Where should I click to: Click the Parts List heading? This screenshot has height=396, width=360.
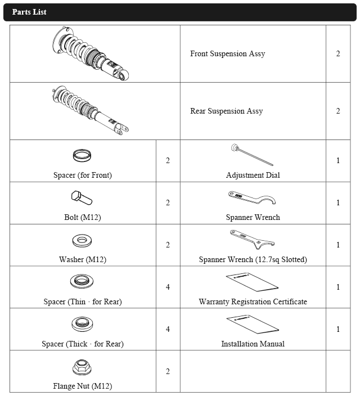pyautogui.click(x=29, y=12)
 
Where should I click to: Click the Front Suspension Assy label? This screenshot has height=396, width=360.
pyautogui.click(x=227, y=54)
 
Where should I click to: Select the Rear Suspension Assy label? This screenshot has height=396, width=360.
pyautogui.click(x=226, y=111)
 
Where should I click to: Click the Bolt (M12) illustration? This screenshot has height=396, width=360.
pyautogui.click(x=82, y=198)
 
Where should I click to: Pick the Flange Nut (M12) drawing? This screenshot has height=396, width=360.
pyautogui.click(x=83, y=368)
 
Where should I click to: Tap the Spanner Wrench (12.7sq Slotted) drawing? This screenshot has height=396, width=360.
pyautogui.click(x=251, y=241)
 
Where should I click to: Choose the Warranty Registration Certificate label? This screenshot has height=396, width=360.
pyautogui.click(x=253, y=302)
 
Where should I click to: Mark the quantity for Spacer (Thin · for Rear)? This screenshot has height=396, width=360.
pyautogui.click(x=168, y=287)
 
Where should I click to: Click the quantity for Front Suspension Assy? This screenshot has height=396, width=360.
pyautogui.click(x=338, y=54)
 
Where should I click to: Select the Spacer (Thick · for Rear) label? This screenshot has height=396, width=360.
pyautogui.click(x=83, y=344)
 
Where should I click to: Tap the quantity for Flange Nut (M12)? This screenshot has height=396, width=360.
pyautogui.click(x=168, y=372)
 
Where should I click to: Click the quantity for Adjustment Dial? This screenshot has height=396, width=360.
pyautogui.click(x=338, y=161)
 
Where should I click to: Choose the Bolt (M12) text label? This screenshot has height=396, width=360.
pyautogui.click(x=83, y=217)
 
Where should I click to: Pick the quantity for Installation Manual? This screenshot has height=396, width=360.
pyautogui.click(x=338, y=330)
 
